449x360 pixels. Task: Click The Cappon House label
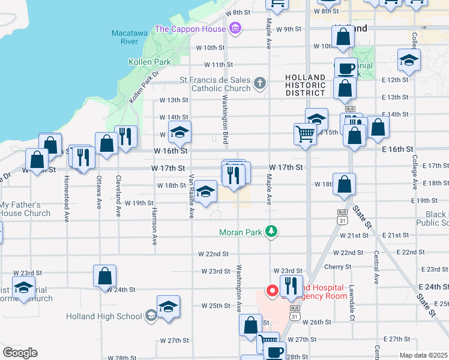pyautogui.click(x=190, y=29)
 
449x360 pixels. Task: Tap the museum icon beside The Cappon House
pyautogui.click(x=235, y=28)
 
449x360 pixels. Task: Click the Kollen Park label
pyautogui.click(x=149, y=62)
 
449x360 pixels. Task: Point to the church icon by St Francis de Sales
pyautogui.click(x=259, y=83)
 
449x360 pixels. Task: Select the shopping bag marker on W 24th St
pyautogui.click(x=104, y=277)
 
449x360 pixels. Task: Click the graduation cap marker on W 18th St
pyautogui.click(x=205, y=192)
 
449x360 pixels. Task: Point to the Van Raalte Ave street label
pyautogui.click(x=191, y=196)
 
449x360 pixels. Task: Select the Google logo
pyautogui.click(x=20, y=353)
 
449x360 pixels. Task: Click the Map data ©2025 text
pyautogui.click(x=423, y=356)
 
